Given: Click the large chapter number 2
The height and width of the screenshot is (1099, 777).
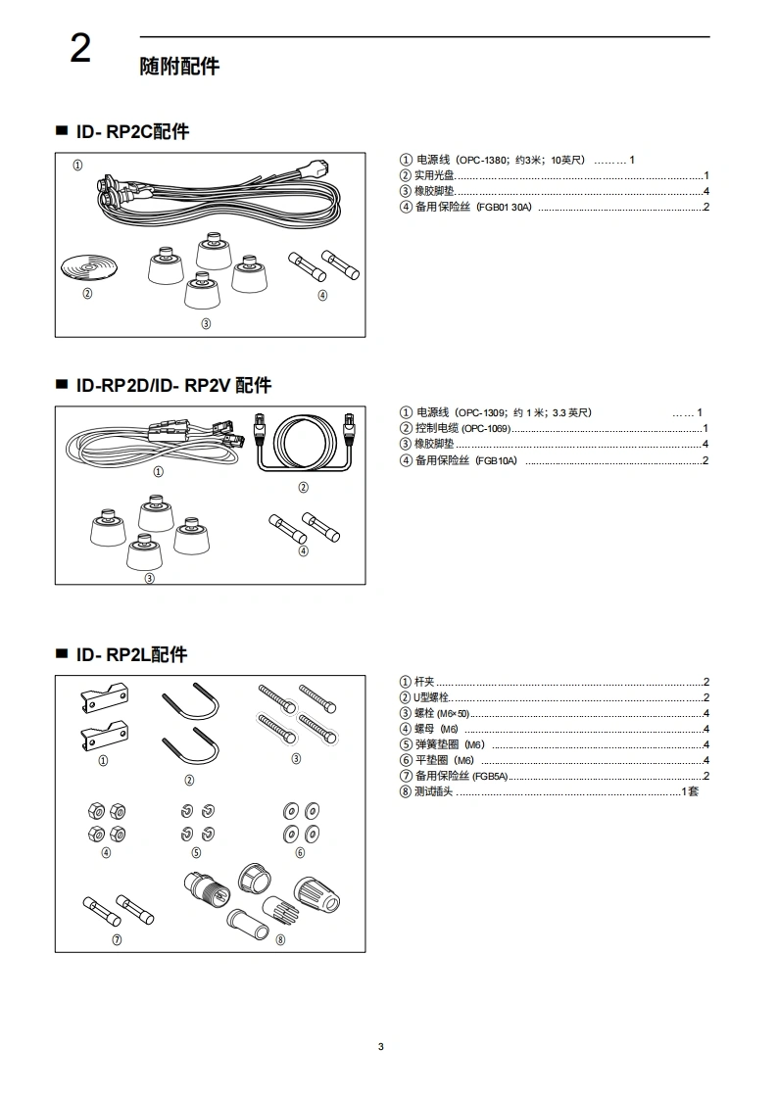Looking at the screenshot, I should coord(80,49).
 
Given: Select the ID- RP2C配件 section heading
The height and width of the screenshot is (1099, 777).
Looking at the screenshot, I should coord(132,131).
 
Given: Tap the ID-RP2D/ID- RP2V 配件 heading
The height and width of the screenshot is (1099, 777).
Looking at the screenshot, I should coord(173,385).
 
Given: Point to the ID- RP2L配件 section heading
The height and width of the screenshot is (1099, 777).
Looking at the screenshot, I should coord(131,654).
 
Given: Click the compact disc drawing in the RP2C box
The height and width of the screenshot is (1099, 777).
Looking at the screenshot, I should coord(87,267).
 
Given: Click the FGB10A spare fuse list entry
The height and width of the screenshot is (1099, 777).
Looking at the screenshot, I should coord(496,460).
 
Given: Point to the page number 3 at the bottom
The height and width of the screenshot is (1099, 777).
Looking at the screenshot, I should coord(381,1047).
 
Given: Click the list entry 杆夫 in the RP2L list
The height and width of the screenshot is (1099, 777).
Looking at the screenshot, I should coord(424,682).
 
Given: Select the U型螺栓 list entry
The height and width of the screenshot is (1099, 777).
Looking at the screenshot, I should coord(431,697).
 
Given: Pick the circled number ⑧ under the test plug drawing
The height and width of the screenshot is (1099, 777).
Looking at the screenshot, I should coord(280,939).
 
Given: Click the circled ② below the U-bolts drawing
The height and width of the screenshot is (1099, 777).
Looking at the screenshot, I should coord(189,781).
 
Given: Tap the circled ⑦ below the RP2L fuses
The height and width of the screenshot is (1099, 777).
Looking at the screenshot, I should coord(117,939).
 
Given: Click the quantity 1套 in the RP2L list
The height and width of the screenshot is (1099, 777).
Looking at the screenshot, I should coord(690,791).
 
